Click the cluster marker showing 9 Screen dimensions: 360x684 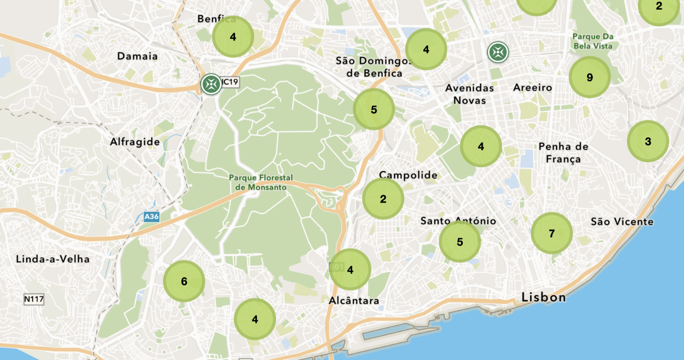point(589,77)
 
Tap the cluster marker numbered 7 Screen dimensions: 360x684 point(552,233)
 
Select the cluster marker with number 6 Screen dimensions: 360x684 point(184,281)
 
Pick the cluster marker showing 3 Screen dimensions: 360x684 point(648,141)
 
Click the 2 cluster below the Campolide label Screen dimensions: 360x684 point(383,199)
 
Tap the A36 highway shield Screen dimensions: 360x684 point(151,217)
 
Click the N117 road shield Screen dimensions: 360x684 point(34,300)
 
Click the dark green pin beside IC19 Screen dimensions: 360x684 point(211,84)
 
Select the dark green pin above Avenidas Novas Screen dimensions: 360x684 point(498,52)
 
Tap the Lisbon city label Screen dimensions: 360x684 point(543,298)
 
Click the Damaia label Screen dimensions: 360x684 point(137,56)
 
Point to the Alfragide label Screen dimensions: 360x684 point(134,142)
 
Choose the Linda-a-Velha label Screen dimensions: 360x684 point(53,259)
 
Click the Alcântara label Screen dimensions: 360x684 point(354,301)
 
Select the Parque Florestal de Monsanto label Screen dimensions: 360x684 point(261,182)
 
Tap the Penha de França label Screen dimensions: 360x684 point(563,153)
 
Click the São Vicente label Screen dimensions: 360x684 point(622,222)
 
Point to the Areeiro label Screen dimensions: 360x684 point(532,88)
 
